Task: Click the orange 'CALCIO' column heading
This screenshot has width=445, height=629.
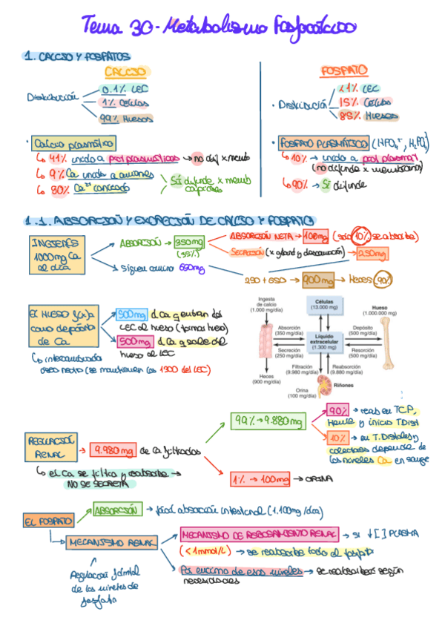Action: click(x=125, y=71)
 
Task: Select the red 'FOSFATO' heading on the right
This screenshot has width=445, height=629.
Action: click(x=343, y=70)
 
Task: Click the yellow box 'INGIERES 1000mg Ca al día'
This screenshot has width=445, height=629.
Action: click(x=56, y=254)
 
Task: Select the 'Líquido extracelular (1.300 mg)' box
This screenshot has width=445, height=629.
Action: click(x=326, y=340)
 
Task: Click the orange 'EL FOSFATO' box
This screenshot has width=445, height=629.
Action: click(x=48, y=521)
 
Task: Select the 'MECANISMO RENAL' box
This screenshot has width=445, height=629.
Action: click(x=111, y=542)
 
